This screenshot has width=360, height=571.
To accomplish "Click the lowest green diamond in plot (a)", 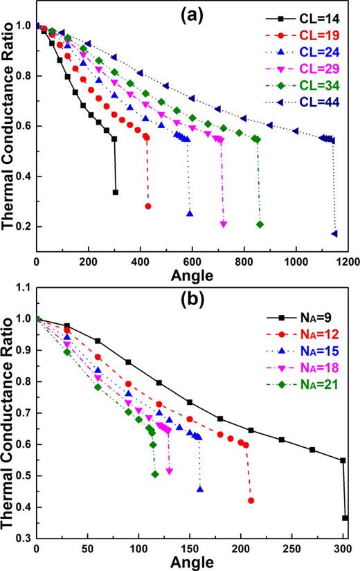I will click(260, 224).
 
